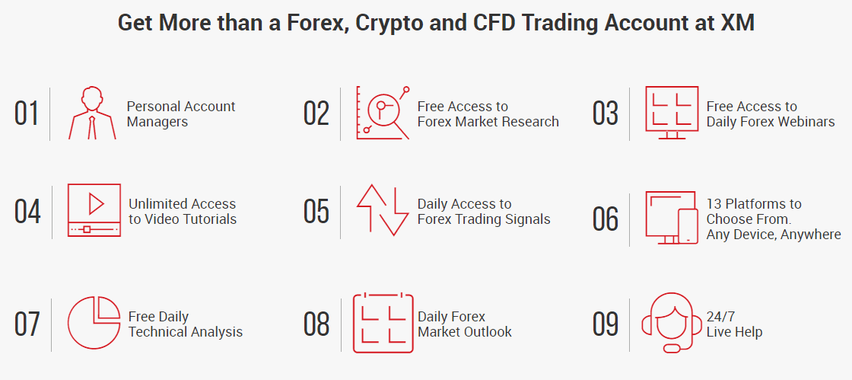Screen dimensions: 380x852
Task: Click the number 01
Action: (x=27, y=113)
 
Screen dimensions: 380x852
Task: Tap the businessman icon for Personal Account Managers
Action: (x=93, y=113)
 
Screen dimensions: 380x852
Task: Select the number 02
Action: (x=316, y=113)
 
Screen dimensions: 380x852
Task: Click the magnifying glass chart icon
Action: (x=383, y=113)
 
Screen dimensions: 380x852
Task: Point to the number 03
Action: (x=606, y=113)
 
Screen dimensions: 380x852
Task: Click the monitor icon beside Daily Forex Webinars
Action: (x=672, y=111)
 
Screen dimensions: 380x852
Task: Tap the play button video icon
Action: (x=94, y=209)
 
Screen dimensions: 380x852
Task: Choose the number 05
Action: (x=316, y=211)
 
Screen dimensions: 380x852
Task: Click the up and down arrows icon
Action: (x=383, y=209)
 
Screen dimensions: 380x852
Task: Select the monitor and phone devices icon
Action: (x=672, y=217)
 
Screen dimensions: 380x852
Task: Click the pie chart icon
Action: (x=94, y=323)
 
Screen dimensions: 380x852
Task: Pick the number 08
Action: (x=316, y=324)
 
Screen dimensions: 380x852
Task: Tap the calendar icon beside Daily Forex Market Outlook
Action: (x=383, y=323)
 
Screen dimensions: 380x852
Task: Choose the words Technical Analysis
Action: (x=186, y=332)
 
